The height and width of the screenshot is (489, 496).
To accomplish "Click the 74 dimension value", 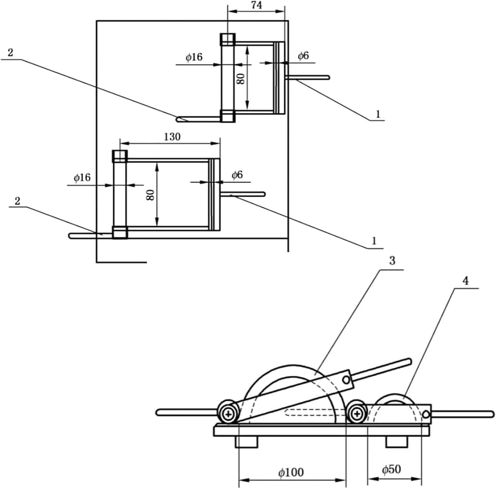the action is (257, 5).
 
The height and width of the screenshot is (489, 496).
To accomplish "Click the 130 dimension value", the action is (172, 136).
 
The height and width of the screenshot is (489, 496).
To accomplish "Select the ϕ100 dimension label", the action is (291, 472).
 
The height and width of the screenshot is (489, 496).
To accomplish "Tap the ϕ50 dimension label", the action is (392, 469).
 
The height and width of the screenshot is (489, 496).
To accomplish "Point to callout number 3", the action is (392, 261).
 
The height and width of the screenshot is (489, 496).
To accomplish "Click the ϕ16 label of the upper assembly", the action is (194, 57).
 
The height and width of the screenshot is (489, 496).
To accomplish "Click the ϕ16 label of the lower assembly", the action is (82, 177).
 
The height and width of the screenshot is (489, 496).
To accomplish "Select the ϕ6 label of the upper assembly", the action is (303, 56).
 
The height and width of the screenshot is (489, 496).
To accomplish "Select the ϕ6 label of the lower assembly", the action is (237, 175).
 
